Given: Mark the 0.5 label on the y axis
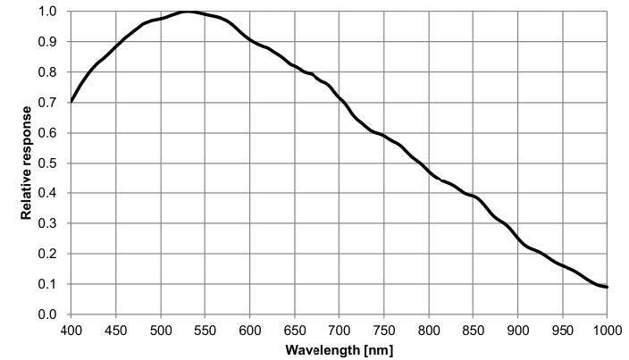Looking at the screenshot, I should (49, 163).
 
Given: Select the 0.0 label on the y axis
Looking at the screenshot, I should (49, 314).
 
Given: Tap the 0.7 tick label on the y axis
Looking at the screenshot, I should (49, 103).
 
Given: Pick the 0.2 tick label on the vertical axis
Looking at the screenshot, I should (49, 254).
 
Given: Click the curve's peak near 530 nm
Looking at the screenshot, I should (188, 12).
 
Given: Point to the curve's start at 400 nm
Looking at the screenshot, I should (71, 101).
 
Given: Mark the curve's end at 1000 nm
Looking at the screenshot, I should (607, 287).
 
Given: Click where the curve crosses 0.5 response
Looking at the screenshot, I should (416, 163).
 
